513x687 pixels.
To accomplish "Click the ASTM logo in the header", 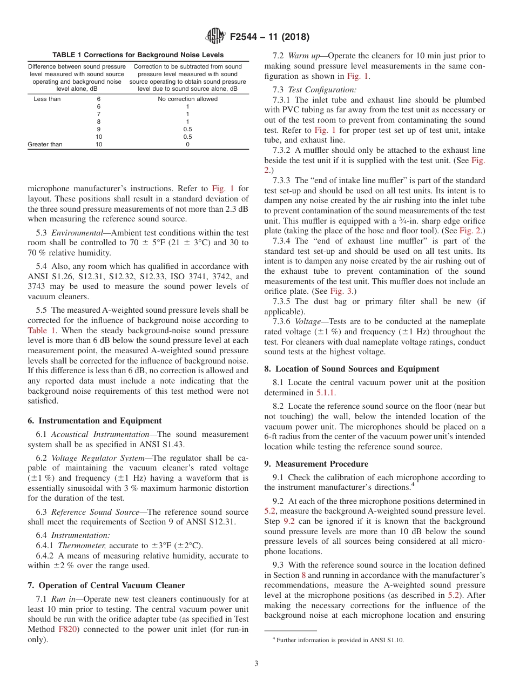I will point(215,37).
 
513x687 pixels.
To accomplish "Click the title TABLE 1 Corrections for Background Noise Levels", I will point(138,55).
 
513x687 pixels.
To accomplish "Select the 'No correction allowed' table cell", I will point(187,99).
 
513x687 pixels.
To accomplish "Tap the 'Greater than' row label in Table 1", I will point(45,144).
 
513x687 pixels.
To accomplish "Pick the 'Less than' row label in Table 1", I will point(47,99).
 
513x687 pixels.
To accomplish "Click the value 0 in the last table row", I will point(187,144).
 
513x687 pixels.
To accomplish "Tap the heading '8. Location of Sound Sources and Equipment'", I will point(352,369).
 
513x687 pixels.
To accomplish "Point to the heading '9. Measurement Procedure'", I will point(316,464).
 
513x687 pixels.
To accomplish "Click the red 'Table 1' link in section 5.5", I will point(42,330).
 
